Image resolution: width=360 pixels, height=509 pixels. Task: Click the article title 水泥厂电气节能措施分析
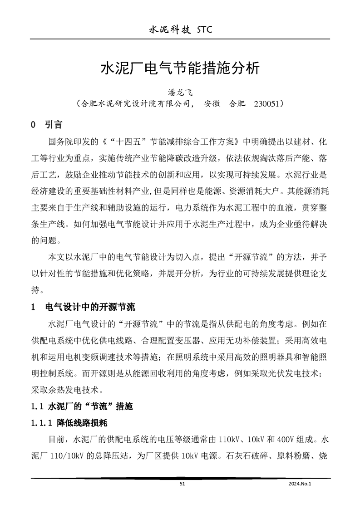pos(180,69)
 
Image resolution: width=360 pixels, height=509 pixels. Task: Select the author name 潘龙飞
pos(180,93)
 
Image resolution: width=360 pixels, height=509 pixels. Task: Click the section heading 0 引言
pos(46,124)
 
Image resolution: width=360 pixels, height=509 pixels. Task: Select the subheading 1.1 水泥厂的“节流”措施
pos(82,406)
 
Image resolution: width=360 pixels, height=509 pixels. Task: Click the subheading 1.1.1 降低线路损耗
pos(69,423)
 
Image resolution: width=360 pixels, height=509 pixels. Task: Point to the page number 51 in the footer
pos(182,484)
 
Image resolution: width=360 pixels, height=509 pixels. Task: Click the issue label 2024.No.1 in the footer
pos(301,484)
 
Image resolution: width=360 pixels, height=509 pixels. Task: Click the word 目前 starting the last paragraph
pos(54,440)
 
